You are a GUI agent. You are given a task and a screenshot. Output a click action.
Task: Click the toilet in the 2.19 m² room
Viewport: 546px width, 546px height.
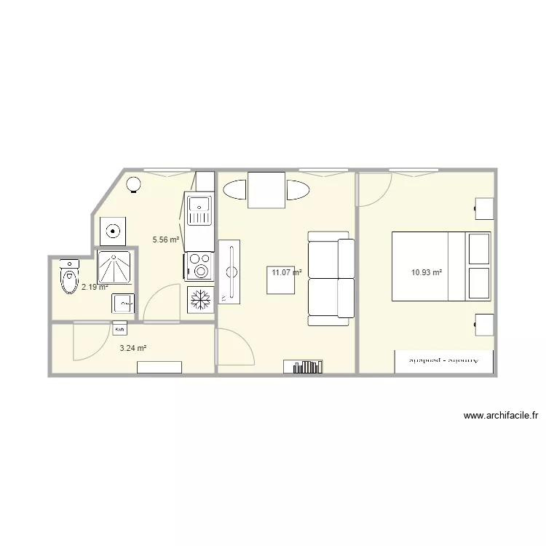[70, 277]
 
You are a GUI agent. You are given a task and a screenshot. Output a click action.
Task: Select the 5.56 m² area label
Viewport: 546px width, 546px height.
[165, 239]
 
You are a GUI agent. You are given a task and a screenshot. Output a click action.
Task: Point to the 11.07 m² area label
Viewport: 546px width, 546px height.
[286, 272]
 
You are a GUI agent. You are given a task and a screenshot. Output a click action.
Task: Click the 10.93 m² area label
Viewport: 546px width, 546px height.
[427, 273]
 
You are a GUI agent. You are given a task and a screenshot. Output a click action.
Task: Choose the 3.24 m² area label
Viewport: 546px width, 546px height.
[133, 348]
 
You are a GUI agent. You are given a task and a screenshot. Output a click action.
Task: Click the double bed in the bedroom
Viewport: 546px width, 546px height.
[441, 266]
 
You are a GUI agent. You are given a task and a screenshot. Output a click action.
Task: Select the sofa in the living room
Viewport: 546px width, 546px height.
[331, 278]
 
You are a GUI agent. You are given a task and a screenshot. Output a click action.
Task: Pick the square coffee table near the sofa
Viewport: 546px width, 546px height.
[280, 280]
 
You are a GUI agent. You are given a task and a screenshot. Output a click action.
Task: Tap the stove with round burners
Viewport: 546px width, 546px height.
[199, 266]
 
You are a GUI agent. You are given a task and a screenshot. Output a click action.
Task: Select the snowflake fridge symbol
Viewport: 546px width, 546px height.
[200, 299]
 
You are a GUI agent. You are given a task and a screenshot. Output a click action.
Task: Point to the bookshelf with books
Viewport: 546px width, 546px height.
[307, 366]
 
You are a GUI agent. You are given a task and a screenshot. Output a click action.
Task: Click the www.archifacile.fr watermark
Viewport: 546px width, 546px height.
[500, 416]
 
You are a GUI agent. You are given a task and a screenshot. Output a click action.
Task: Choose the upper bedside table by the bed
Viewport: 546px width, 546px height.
[485, 207]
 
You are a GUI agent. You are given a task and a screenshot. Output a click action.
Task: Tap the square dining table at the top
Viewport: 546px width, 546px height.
[266, 190]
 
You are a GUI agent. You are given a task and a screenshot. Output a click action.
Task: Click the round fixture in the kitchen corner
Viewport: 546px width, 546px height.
[134, 186]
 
